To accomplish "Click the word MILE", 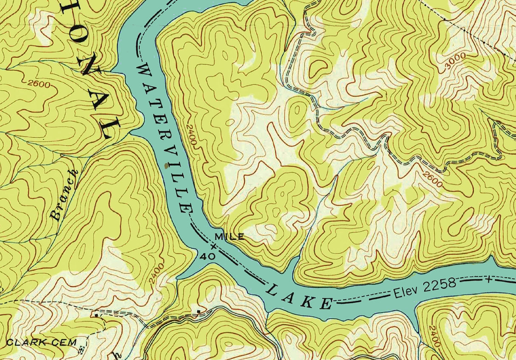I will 230,236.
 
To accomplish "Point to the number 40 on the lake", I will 210,256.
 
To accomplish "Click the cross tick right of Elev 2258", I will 489,279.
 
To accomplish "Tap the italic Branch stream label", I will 64,195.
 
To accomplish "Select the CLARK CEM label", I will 41,342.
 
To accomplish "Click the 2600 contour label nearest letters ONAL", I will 38,84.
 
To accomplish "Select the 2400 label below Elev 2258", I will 434,335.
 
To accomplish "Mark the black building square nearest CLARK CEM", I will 97,316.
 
